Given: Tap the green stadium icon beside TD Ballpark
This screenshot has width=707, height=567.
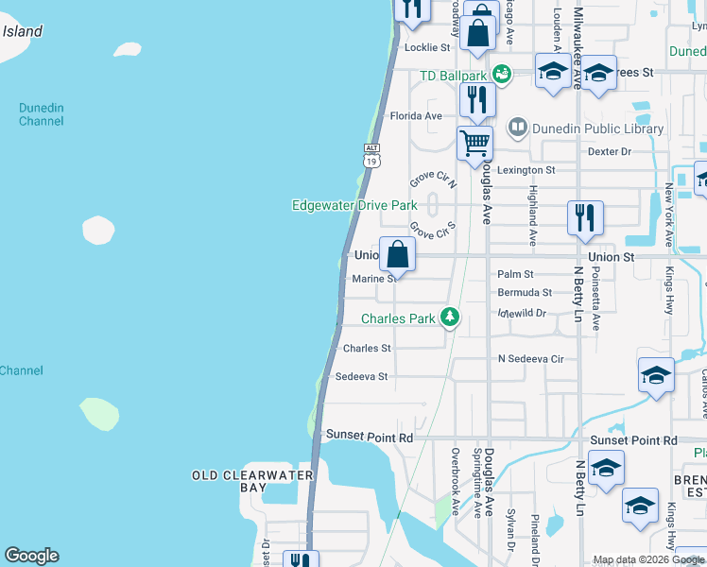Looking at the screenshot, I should pos(502,74).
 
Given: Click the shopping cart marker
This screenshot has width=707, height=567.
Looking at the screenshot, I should pos(474,145).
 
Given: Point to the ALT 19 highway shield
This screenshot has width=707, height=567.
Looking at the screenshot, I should pos(372,156).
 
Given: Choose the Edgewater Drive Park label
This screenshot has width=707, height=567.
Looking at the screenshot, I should pos(354,205).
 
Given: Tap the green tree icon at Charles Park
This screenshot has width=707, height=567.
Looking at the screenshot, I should pos(452,318).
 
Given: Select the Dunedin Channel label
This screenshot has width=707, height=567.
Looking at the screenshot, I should pos(42,114).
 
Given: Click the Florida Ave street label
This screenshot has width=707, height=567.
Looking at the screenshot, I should pos(416,116).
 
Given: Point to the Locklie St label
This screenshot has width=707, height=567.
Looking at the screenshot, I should pos(427,47).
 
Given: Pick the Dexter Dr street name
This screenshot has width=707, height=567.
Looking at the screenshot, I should pos(609,151).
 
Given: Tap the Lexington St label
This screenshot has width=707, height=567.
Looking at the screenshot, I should pos(527,170).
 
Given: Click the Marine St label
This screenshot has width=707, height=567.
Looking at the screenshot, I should pos(373,279).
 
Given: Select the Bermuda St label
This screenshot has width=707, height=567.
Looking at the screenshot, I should pos(525,293).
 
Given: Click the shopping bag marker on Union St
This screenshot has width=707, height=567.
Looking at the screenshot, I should pos(398,255).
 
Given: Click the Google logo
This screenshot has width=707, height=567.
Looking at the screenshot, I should pos(31,556).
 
